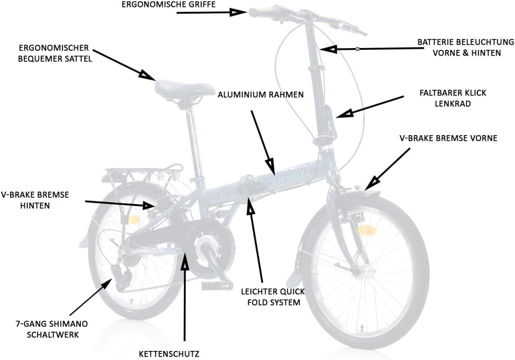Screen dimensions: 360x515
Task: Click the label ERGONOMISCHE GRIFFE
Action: coord(168,5)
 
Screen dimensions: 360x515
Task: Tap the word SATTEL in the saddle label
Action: coord(78,58)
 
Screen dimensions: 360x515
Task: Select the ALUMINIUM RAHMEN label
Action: coord(260,95)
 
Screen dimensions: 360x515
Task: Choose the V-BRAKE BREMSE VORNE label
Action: coord(448,138)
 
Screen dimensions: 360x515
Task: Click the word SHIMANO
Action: coord(69,324)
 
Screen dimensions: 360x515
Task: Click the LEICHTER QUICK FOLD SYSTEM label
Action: coord(273,297)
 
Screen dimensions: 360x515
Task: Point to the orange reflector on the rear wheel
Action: coord(135,219)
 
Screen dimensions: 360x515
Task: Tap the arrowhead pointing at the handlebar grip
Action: coord(237,12)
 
